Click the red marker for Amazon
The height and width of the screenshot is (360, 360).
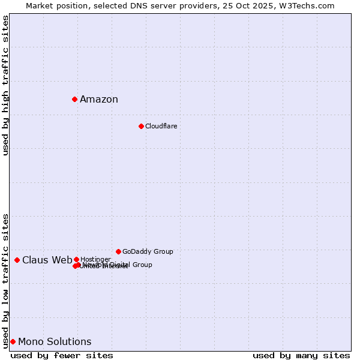[74, 99]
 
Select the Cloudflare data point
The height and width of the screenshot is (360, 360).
[141, 126]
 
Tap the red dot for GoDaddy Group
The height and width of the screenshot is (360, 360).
[118, 251]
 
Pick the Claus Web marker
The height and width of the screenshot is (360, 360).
[17, 260]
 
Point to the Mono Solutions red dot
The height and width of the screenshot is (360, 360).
[13, 341]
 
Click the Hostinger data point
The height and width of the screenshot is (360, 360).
[76, 259]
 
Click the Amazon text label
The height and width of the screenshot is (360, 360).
[99, 100]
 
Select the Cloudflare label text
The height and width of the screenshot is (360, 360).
[161, 126]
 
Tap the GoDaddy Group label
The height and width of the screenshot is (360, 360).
[148, 251]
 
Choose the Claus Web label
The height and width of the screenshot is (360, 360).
[47, 260]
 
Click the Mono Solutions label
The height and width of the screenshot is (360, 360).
[55, 342]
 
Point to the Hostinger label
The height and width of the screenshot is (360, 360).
[95, 259]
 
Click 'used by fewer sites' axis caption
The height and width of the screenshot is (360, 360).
[62, 356]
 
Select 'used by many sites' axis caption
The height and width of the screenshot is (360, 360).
[301, 356]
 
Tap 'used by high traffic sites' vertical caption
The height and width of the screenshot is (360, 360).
[6, 85]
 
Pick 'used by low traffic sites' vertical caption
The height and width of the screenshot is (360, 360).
[6, 281]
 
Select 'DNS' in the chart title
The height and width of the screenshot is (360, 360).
[136, 5]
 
